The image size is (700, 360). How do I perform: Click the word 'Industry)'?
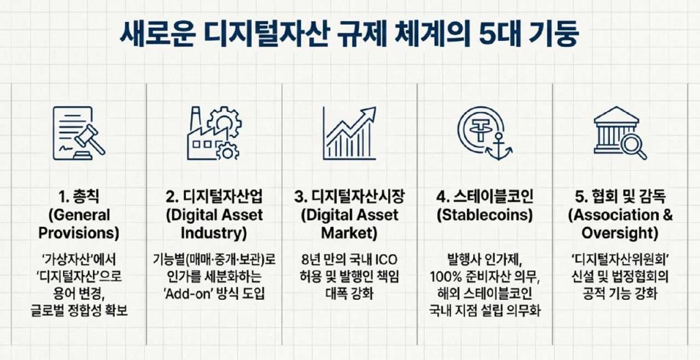coord(213,233)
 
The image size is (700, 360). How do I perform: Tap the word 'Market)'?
coord(350,233)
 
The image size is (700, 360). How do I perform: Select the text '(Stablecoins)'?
coord(485,215)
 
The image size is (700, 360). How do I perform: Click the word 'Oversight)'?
coord(620,233)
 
